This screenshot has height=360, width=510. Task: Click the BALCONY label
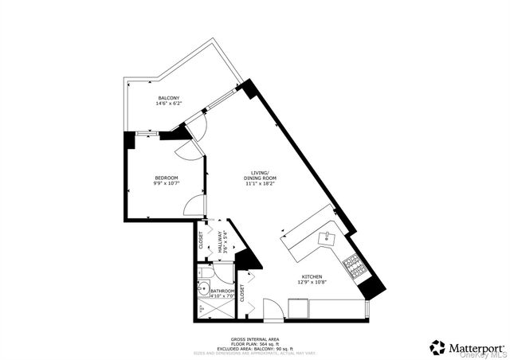168,98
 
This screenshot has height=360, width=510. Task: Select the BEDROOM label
166,178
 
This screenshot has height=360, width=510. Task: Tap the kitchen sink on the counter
328,237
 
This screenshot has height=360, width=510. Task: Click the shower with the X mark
202,307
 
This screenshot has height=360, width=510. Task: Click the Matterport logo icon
437,347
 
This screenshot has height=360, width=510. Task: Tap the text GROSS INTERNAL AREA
254,338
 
